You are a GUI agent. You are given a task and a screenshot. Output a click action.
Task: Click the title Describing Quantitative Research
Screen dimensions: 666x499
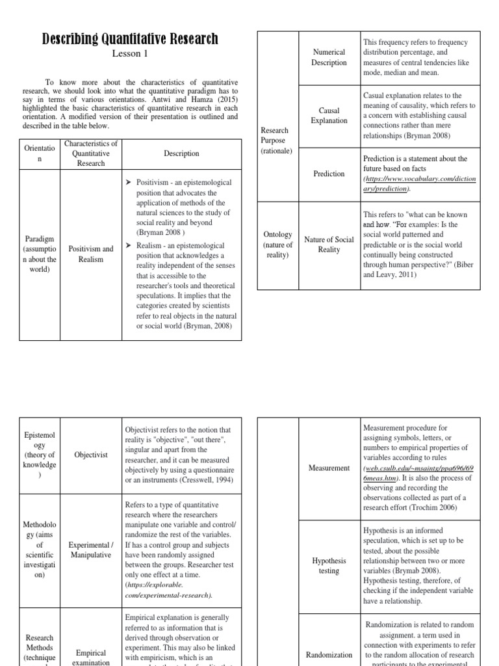pos(130,38)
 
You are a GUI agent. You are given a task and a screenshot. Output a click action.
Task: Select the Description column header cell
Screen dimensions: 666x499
pos(181,153)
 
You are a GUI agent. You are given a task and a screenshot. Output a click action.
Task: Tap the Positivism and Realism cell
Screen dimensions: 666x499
pos(91,254)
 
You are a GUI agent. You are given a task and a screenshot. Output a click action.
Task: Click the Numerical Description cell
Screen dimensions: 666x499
pos(329,57)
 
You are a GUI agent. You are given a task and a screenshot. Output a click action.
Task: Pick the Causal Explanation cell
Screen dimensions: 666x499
pos(329,116)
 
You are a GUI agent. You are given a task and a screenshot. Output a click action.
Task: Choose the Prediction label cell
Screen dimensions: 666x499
pos(329,174)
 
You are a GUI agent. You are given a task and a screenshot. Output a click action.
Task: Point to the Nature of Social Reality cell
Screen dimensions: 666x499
pos(329,245)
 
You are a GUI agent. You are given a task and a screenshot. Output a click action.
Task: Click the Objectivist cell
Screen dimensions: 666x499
pos(91,455)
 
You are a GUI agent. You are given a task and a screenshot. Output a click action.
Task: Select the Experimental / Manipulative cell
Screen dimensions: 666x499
pos(91,550)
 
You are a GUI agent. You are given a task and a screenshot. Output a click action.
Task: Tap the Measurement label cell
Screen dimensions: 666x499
pos(329,468)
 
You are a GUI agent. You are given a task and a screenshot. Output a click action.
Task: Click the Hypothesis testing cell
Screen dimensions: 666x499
pos(329,565)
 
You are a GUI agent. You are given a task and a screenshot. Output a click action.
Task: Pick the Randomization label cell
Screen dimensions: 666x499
pos(329,654)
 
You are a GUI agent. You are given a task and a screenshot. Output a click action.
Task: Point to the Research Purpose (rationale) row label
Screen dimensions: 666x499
pos(276,140)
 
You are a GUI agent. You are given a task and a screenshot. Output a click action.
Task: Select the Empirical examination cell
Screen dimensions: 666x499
pos(91,657)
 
